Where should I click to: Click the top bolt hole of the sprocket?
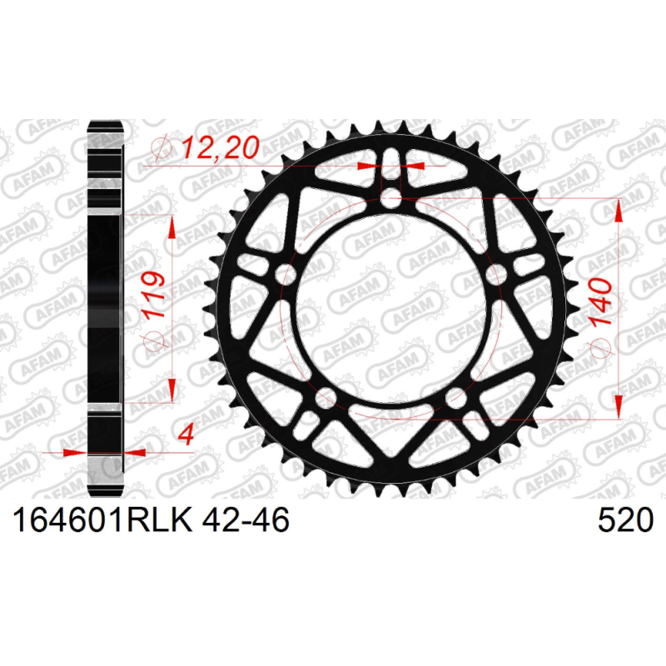click(x=390, y=198)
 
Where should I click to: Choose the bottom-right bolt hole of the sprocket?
click(x=455, y=398)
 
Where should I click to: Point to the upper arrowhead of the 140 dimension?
click(x=619, y=208)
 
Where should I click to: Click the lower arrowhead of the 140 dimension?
click(x=619, y=409)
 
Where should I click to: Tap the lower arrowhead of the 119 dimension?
click(x=172, y=391)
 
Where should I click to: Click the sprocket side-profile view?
click(x=107, y=308)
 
